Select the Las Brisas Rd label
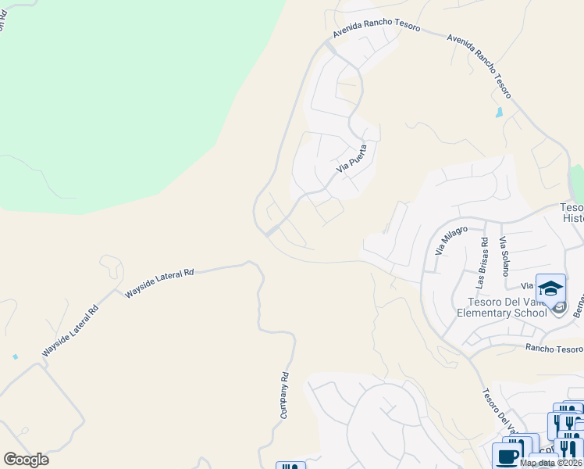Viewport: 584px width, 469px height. [484, 256]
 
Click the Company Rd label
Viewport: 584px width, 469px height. [285, 396]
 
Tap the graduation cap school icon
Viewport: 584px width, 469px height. [550, 289]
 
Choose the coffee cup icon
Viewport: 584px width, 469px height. [507, 456]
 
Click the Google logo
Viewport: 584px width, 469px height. [26, 460]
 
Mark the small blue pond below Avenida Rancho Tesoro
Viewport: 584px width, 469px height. [499, 113]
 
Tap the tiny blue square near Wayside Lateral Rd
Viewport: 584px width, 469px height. [15, 356]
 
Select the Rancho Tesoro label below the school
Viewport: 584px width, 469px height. [554, 349]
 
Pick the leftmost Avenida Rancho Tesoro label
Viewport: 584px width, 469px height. [376, 30]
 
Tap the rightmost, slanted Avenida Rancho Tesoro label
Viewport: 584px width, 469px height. [480, 66]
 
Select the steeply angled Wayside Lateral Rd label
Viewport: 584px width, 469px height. [70, 331]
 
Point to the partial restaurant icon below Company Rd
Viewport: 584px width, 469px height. [290, 466]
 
